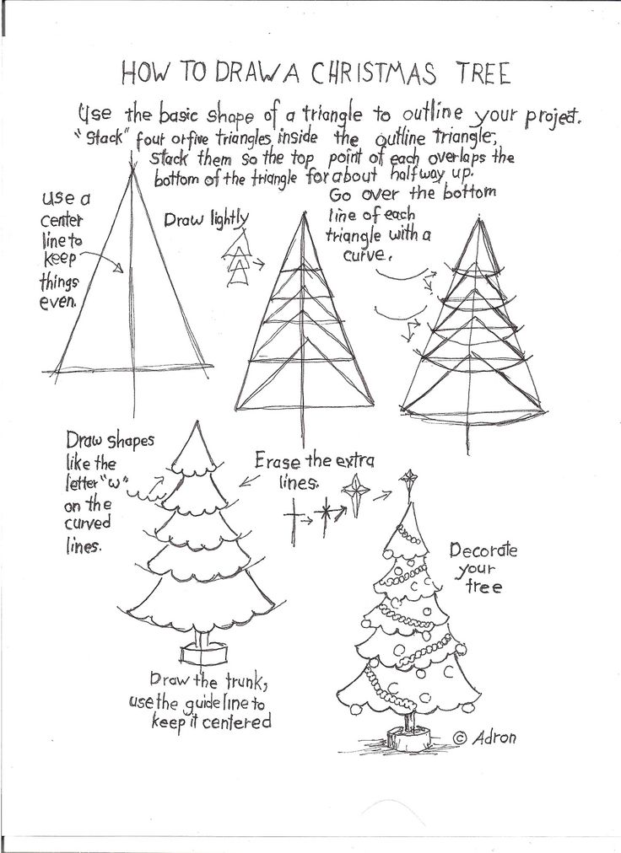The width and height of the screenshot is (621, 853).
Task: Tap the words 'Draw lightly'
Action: pos(206,220)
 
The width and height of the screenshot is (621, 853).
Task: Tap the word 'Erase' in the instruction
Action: pos(278,463)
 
